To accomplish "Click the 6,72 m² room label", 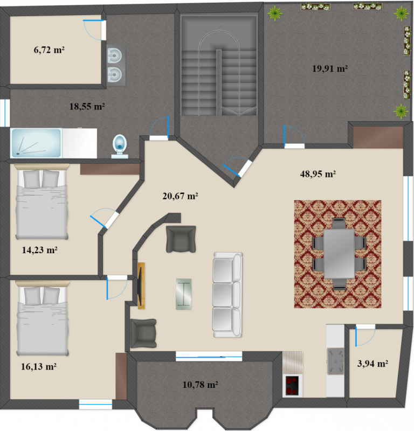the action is [49, 50].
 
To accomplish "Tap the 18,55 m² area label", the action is [87, 106].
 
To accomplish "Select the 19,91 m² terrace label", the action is [330, 68].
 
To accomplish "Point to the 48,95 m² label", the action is [318, 174].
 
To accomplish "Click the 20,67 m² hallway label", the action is [180, 196].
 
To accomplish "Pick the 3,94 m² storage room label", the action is [372, 364].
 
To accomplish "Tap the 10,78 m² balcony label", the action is [200, 385].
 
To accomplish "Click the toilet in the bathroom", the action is [120, 147].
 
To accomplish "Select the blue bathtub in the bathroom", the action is [36, 143].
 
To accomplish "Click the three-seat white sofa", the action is [227, 295].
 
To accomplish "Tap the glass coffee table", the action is [184, 294].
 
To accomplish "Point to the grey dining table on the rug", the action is [339, 254].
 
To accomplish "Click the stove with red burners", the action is [292, 386].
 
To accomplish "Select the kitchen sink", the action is [335, 362].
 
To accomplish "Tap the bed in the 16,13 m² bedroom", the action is [43, 318].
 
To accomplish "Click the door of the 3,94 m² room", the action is [365, 336].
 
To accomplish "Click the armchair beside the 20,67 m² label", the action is [181, 239].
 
